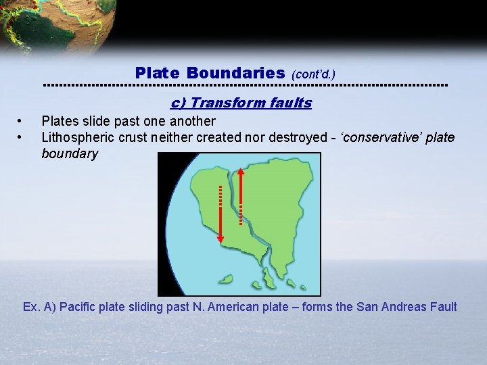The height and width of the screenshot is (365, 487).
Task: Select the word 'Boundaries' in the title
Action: [x=235, y=72]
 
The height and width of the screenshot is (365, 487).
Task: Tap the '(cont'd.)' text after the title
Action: [x=313, y=74]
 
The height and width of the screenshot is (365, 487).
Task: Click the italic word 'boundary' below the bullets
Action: [x=70, y=153]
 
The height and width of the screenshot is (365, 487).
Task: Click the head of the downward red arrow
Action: [x=220, y=237]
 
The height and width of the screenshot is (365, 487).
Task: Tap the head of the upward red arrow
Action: [x=240, y=171]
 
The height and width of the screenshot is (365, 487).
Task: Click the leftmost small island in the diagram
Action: [x=226, y=278]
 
